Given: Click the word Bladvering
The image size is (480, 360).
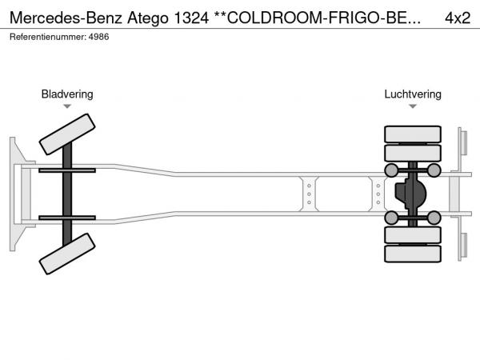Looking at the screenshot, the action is [x=67, y=94].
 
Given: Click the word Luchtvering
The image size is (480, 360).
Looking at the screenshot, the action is [x=413, y=94].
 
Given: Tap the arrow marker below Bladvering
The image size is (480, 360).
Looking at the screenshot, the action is [x=67, y=106].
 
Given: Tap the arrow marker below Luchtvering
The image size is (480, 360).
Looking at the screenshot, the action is [x=413, y=106].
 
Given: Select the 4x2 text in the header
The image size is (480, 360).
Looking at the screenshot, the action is [x=458, y=18].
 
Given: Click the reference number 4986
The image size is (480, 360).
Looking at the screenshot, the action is [x=98, y=37].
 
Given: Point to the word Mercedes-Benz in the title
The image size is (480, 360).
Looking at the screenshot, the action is [x=66, y=18].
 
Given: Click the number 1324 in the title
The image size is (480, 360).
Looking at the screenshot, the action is [x=191, y=18].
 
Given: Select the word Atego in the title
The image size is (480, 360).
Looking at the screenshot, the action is [x=148, y=18].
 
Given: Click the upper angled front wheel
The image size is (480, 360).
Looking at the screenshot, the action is [x=67, y=134].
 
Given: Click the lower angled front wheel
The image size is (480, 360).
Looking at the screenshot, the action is [x=67, y=254].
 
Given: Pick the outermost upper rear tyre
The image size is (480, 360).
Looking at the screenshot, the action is [x=413, y=134].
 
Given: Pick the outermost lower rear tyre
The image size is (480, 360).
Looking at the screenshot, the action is [x=413, y=254].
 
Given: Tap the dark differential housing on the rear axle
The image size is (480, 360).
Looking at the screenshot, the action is [x=410, y=194].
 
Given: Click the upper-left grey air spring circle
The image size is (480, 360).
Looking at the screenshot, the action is [x=391, y=170].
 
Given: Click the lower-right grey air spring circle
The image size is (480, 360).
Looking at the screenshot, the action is [x=434, y=218].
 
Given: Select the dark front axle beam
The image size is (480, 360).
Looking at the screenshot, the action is [x=67, y=194].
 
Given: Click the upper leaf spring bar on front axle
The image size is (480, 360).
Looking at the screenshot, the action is [x=67, y=170].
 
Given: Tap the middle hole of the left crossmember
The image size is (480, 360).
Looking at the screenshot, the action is [x=309, y=194].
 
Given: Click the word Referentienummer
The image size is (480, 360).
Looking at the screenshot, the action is [x=48, y=37].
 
